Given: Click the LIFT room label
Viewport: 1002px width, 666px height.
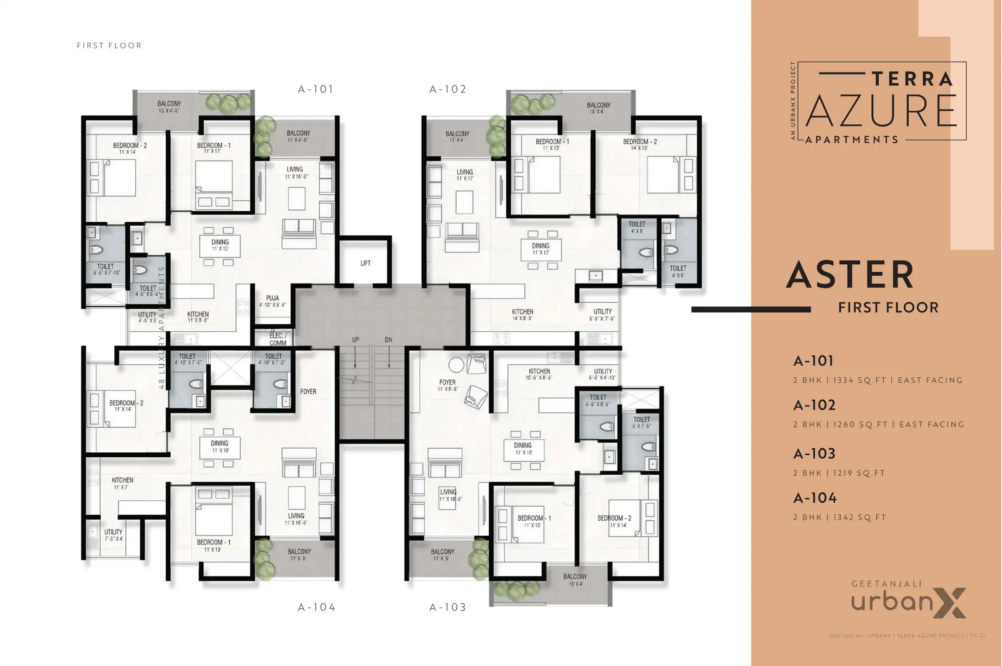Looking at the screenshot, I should coord(366,263).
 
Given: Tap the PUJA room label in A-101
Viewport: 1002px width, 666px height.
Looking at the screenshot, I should coord(272,301).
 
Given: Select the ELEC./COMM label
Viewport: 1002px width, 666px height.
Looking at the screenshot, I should coord(278,339).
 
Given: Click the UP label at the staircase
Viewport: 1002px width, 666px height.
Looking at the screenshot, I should coord(355,339).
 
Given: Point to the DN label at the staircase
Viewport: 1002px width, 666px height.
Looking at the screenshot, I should coord(388,339).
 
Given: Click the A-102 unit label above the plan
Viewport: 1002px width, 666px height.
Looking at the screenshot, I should coord(447,89).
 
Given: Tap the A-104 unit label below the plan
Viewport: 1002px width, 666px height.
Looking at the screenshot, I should coord(317,607).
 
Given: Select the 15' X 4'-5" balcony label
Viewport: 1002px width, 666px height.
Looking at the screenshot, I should coord(169,107).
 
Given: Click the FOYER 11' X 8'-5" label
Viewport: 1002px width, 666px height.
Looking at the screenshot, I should coord(447,385).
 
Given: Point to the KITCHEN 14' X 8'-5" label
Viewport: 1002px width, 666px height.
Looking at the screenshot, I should coord(522,314).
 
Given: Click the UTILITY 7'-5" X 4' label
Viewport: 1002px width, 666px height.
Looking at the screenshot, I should coord(113,535).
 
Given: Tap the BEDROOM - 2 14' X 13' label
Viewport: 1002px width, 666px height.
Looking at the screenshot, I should coord(639,145).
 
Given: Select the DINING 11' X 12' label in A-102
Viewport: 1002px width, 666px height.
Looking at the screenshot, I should coord(541,248).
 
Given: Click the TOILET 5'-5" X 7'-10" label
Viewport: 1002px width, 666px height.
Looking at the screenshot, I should coord(106,269).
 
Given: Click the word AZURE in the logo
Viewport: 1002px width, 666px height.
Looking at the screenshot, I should coord(881,111).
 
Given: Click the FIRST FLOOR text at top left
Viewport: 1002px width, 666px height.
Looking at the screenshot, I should coord(109,46).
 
